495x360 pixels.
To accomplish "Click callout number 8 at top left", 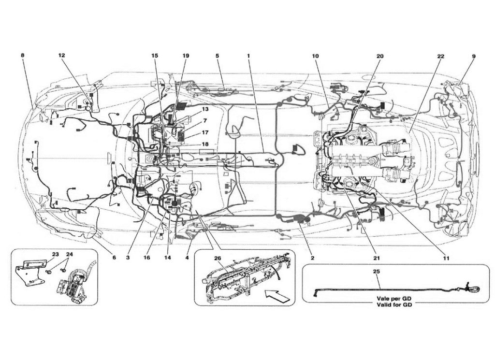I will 23,56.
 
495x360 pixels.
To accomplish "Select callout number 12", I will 61,56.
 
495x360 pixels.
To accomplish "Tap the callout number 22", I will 440,56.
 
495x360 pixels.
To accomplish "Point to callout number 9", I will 473,56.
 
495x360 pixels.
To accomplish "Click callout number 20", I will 379,56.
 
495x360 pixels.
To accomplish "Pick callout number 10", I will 315,56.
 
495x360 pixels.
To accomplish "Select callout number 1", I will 248,56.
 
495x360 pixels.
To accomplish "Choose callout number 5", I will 218,56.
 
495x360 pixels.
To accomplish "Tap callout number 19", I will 186,56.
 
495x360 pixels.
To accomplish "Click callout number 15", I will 154,56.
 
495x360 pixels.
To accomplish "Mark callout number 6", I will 114,258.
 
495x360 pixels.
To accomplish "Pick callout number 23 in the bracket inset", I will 56,254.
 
